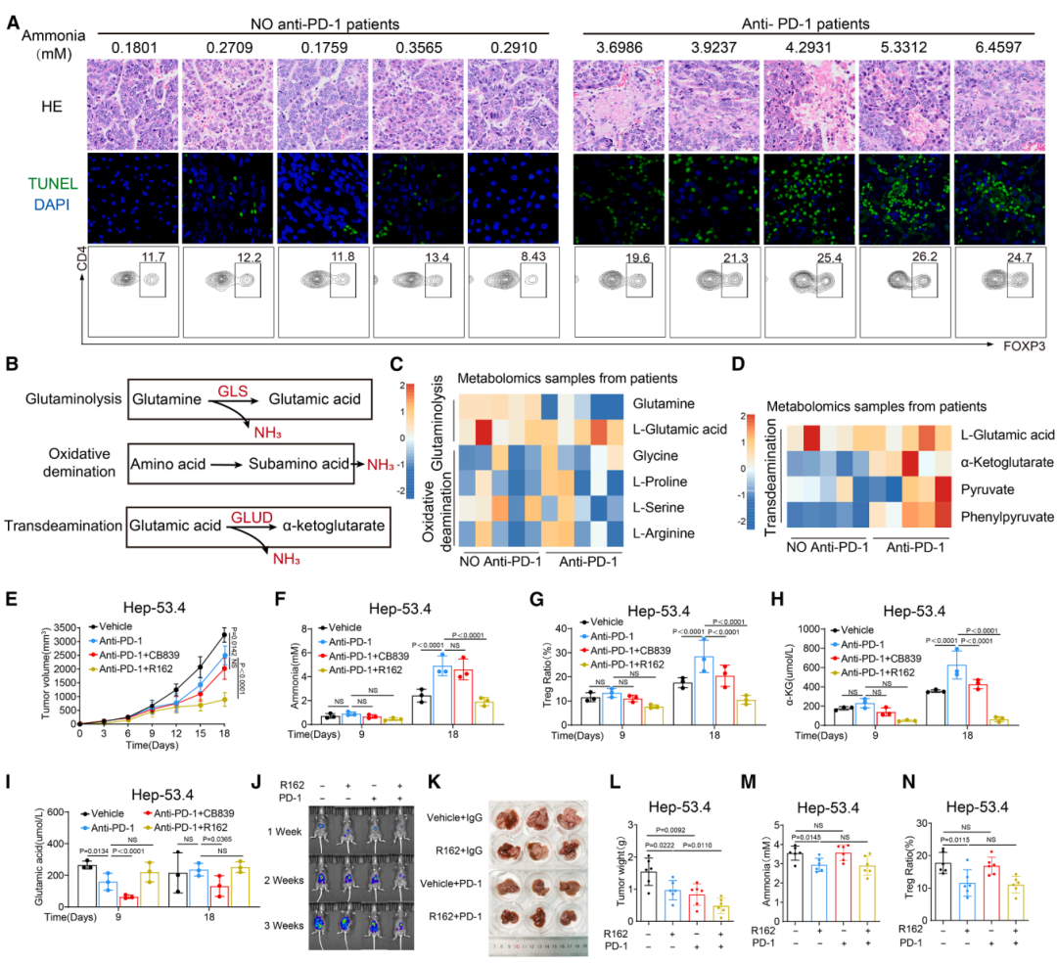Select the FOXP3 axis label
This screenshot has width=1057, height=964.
tap(1024, 346)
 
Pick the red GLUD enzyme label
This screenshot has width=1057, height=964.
tap(249, 514)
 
